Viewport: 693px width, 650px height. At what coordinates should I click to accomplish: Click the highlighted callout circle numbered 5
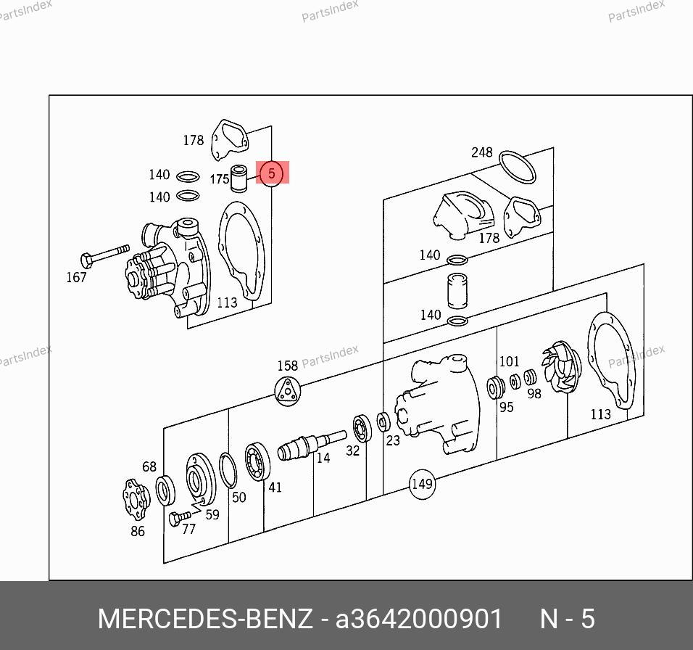[x=271, y=173]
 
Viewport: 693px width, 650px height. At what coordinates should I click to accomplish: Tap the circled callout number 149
[x=422, y=484]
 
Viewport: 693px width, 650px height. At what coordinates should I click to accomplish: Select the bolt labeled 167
[x=105, y=255]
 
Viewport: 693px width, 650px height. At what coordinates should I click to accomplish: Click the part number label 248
[x=482, y=152]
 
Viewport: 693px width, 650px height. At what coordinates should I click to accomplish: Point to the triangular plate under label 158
[x=287, y=390]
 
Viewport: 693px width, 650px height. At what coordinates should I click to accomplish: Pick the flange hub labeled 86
[x=136, y=500]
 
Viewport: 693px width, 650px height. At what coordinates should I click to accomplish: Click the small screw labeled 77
[x=179, y=518]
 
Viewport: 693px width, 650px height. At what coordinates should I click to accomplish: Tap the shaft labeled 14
[x=312, y=445]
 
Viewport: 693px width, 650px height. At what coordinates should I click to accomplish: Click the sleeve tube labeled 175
[x=239, y=178]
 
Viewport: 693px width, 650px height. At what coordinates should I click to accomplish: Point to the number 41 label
[x=275, y=487]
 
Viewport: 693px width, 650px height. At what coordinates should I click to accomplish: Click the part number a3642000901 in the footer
[x=418, y=619]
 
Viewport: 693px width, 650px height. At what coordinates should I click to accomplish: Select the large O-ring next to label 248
[x=517, y=167]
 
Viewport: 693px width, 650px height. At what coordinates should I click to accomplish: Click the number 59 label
[x=212, y=514]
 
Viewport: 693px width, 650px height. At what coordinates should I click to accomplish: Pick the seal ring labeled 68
[x=165, y=490]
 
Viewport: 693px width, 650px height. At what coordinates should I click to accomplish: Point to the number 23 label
[x=392, y=440]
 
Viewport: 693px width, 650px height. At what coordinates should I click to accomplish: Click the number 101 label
[x=509, y=361]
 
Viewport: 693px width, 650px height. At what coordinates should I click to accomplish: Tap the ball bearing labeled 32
[x=362, y=428]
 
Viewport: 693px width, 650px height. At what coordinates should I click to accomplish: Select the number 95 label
[x=507, y=407]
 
